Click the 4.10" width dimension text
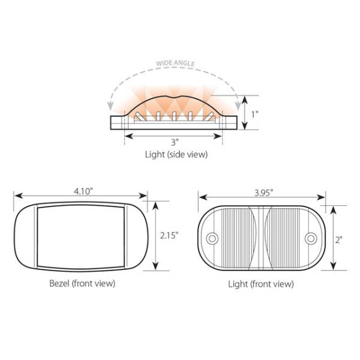[83, 191]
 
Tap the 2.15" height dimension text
[169, 236]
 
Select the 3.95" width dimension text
[262, 192]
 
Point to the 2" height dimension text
[339, 239]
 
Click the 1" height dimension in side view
[254, 113]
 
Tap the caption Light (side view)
[176, 155]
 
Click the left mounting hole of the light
[212, 238]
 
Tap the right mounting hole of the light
[310, 238]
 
